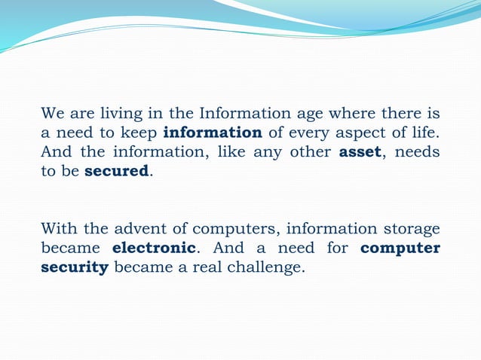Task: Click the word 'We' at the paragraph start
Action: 51,114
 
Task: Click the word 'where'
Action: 332,114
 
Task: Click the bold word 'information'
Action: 213,133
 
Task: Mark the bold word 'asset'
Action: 359,152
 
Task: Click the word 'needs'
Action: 418,152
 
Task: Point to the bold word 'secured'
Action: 117,171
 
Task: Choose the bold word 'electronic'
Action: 154,248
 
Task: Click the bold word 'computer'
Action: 400,249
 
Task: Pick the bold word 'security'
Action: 75,267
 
